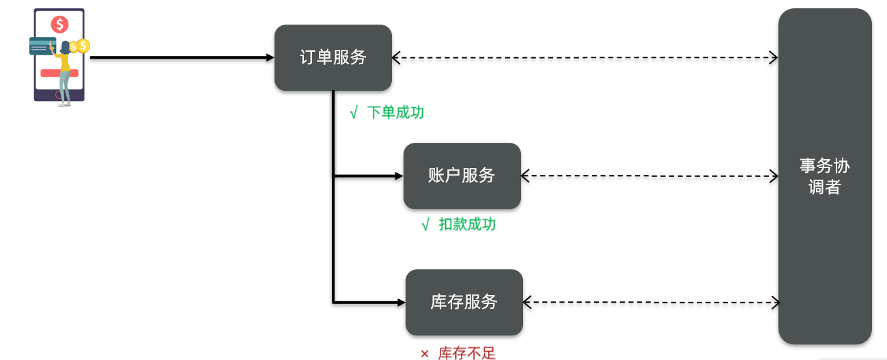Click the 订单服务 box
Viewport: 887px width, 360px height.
point(333,57)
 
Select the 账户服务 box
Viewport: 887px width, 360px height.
point(462,176)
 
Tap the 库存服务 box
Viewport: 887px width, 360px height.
point(464,302)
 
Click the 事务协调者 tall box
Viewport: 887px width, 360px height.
point(824,176)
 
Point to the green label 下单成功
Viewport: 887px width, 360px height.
point(395,113)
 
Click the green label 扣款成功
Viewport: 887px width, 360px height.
point(467,225)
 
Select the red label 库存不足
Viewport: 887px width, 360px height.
point(466,353)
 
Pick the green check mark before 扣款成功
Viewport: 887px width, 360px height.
point(425,225)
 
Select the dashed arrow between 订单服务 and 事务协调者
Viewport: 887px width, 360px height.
point(585,58)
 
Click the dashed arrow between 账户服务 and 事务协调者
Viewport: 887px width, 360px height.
point(649,176)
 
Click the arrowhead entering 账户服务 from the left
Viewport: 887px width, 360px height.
point(399,176)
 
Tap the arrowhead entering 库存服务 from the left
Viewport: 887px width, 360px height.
point(401,302)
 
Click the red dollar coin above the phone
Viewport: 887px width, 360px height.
point(60,25)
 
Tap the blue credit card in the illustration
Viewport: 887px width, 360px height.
point(42,46)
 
